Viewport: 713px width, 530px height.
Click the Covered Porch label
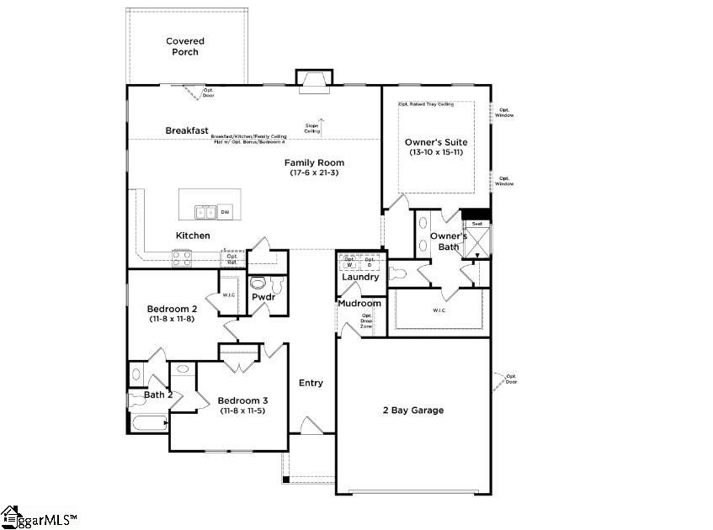(x=185, y=46)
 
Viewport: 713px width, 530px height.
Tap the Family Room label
(x=314, y=162)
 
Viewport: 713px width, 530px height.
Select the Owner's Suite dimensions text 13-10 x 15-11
(x=435, y=153)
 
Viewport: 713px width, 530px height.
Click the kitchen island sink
(x=205, y=212)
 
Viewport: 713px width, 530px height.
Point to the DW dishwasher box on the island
(x=226, y=213)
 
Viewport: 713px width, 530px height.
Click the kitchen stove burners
(x=182, y=257)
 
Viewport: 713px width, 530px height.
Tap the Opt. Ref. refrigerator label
(x=231, y=259)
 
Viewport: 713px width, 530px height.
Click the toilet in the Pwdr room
(x=259, y=284)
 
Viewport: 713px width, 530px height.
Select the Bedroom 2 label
(x=172, y=309)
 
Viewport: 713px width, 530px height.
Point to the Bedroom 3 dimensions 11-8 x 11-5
(x=242, y=411)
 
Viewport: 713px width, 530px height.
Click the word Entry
(x=311, y=383)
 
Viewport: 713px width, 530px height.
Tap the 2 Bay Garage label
(x=413, y=411)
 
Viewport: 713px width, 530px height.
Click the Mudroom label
(x=359, y=304)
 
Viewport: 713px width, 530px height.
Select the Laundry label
(x=360, y=277)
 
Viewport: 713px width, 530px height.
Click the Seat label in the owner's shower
(x=476, y=224)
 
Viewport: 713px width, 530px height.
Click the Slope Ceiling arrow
(x=319, y=125)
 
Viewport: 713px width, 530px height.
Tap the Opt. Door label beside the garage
(x=511, y=379)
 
